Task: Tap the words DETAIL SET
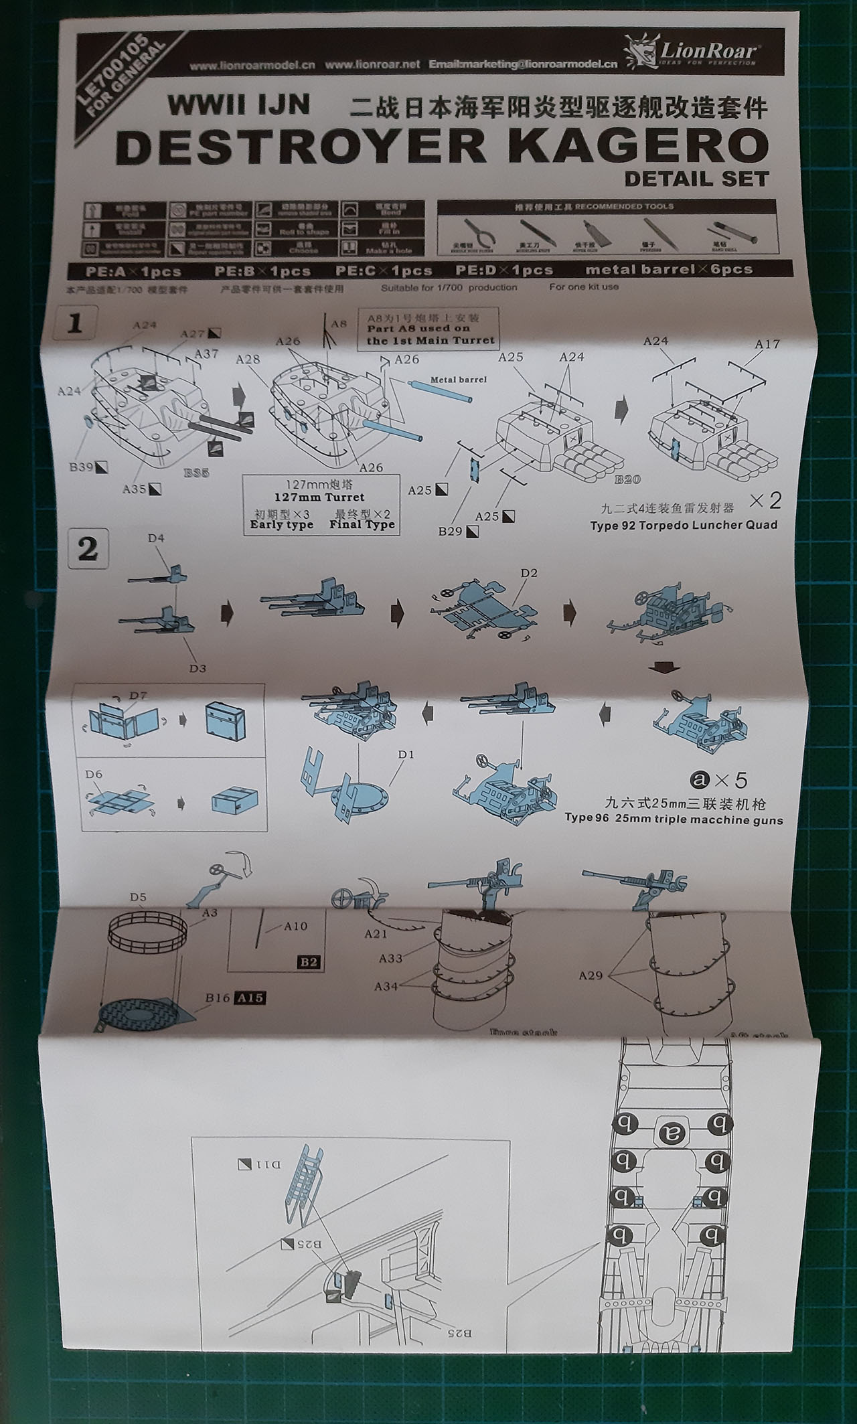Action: tap(696, 179)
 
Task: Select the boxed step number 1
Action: tap(75, 324)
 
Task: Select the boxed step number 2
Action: tap(88, 550)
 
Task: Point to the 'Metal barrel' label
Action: tap(458, 380)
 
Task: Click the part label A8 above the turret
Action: tap(339, 324)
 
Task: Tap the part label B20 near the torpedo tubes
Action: tap(627, 479)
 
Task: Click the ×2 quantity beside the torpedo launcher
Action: tap(765, 500)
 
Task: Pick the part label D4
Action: tap(156, 538)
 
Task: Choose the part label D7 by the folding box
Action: tap(138, 696)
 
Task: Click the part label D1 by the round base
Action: tap(406, 755)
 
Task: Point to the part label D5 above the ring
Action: tap(138, 897)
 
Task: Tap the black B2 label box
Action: tap(309, 963)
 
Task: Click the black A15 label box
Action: tap(249, 998)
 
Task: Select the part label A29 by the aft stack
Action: tap(591, 975)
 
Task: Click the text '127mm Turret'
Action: tap(319, 497)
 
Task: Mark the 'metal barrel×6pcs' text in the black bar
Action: tap(669, 270)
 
